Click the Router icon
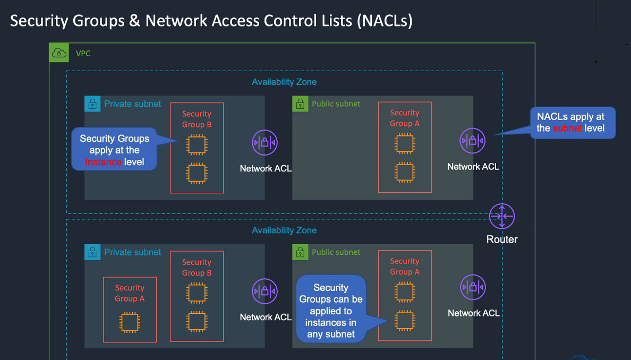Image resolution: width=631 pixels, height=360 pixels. pos(502,216)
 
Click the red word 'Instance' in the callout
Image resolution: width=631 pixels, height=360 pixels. pos(103,162)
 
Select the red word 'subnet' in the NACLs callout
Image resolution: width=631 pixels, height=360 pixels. pos(568,128)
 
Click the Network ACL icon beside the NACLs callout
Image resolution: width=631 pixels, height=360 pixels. pos(473,141)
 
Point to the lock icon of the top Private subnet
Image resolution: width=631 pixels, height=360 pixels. pos(92,104)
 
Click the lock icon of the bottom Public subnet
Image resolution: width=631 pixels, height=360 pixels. pos(301,252)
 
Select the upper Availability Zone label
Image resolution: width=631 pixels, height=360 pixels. pos(284,82)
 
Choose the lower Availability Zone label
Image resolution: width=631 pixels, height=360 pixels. pos(284,230)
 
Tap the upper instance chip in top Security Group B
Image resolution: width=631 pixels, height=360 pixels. pos(197,144)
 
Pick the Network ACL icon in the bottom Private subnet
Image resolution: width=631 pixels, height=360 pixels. pos(265,291)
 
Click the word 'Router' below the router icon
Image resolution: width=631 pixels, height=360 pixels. pos(502,239)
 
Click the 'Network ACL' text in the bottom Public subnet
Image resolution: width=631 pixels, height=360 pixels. pos(473,313)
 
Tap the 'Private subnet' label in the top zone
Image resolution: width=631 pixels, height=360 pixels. pos(132,104)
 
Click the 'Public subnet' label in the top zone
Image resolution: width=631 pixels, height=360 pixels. pos(336,104)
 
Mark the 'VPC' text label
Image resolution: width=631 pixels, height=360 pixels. pos(83,54)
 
